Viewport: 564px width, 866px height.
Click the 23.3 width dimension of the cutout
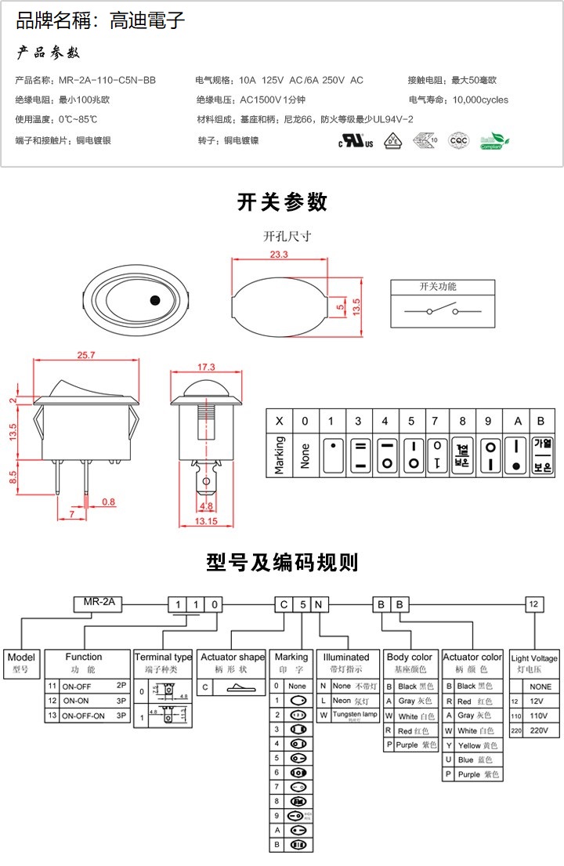279,255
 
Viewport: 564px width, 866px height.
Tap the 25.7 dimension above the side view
85,355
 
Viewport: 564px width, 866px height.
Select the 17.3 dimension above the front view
206,367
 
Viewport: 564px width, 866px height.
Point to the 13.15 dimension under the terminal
206,522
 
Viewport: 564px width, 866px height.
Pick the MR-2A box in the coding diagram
98,603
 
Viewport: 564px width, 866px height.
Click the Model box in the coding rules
21,663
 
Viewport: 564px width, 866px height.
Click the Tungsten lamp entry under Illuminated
354,715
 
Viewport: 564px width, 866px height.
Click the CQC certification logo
457,140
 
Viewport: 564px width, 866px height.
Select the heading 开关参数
282,202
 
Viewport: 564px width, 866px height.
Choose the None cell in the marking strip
305,455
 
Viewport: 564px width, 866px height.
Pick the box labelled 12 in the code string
533,604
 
